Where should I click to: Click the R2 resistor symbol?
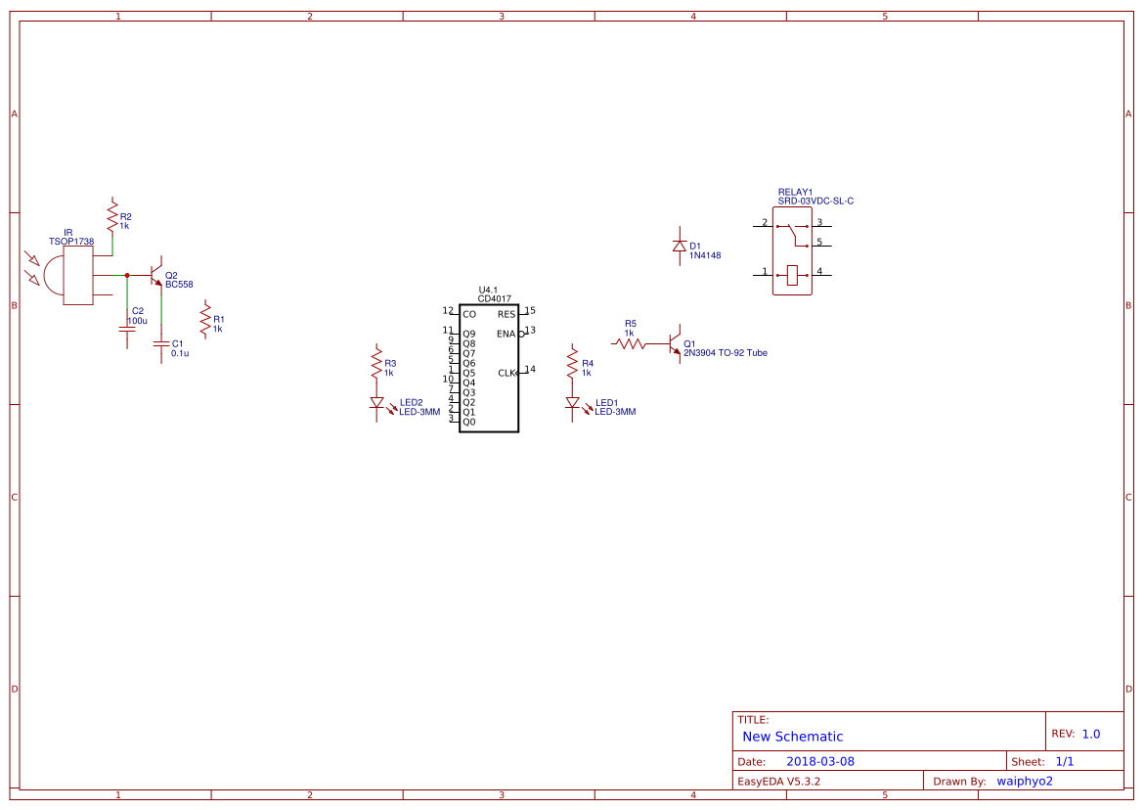[112, 216]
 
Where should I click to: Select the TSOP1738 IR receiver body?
[77, 275]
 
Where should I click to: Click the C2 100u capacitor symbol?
[127, 329]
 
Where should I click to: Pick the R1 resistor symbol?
[206, 319]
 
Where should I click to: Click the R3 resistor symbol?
[376, 363]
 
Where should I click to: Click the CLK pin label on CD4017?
[507, 374]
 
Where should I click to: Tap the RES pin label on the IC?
[506, 315]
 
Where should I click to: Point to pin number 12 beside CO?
[448, 310]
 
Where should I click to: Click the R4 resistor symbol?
[573, 363]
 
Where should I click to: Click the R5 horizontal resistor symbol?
[630, 343]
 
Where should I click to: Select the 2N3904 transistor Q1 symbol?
[675, 342]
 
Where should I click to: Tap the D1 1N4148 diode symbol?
[680, 247]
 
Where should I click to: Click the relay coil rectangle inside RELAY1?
[792, 275]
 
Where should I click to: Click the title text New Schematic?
[792, 737]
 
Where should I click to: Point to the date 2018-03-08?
[820, 761]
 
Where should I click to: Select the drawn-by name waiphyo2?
[1025, 782]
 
